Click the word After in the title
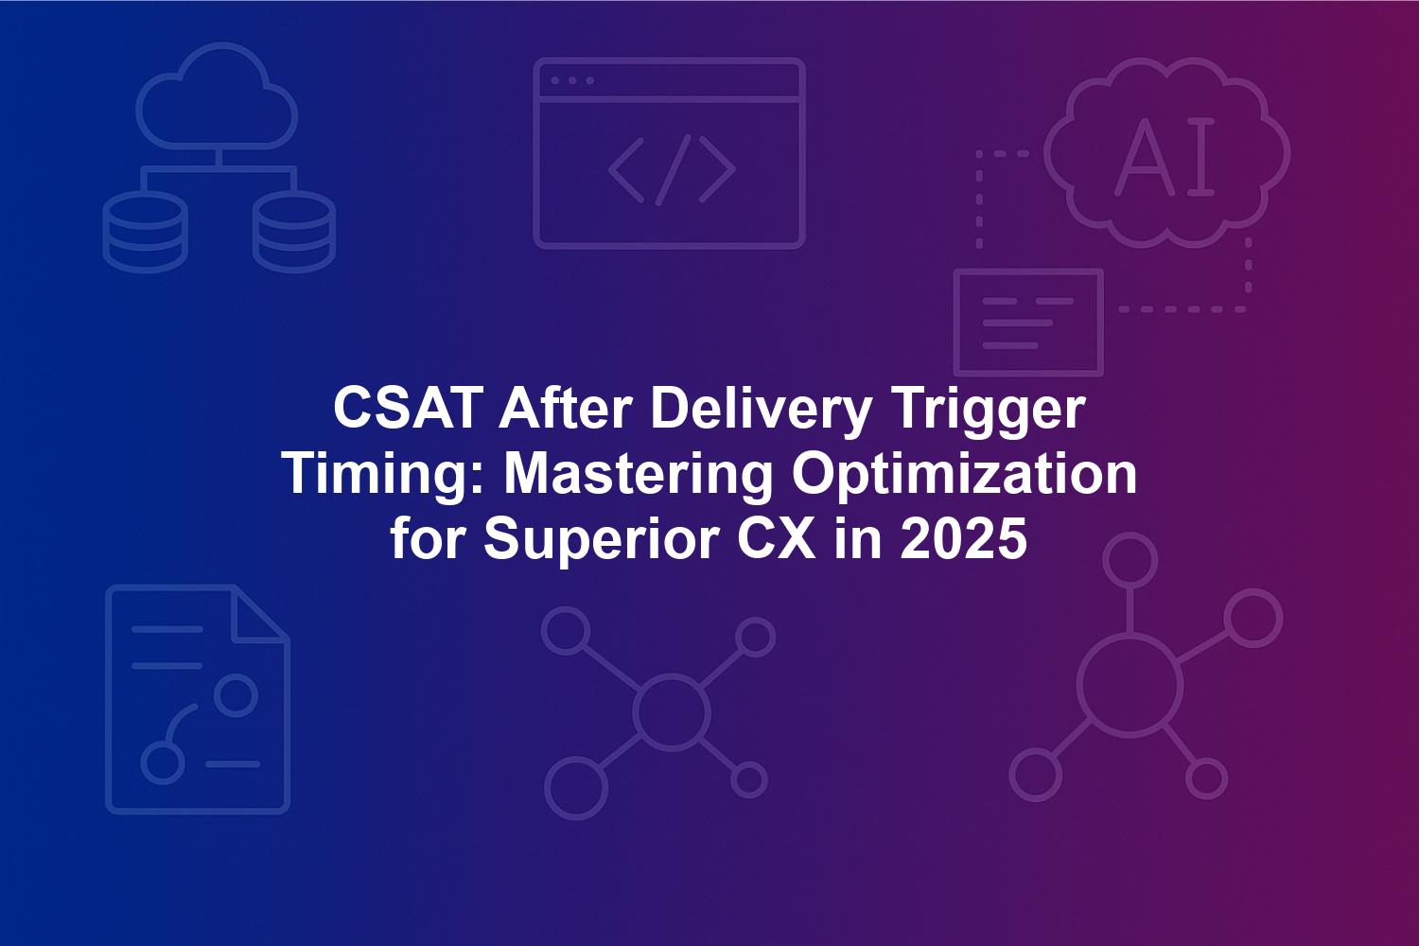565,409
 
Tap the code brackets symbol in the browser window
672,170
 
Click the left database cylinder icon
145,232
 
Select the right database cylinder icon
294,232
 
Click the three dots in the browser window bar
572,80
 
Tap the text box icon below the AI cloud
1029,322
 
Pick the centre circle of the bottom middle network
671,711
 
